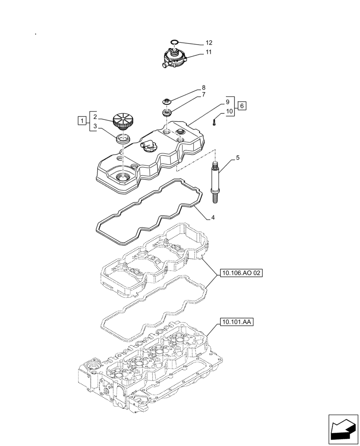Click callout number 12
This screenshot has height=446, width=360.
click(x=209, y=43)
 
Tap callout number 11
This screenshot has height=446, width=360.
click(x=209, y=52)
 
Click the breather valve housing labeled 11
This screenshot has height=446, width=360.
click(x=174, y=59)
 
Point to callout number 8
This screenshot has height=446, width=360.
click(x=203, y=88)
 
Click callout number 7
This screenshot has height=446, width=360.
click(x=203, y=95)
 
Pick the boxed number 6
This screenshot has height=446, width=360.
click(x=241, y=106)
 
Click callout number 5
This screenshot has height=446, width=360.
click(x=237, y=157)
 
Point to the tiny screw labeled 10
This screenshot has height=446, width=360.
click(x=214, y=121)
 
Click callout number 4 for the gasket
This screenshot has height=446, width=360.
click(x=213, y=218)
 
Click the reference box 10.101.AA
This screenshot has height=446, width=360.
click(x=236, y=321)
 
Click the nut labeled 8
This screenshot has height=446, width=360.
click(x=168, y=102)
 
